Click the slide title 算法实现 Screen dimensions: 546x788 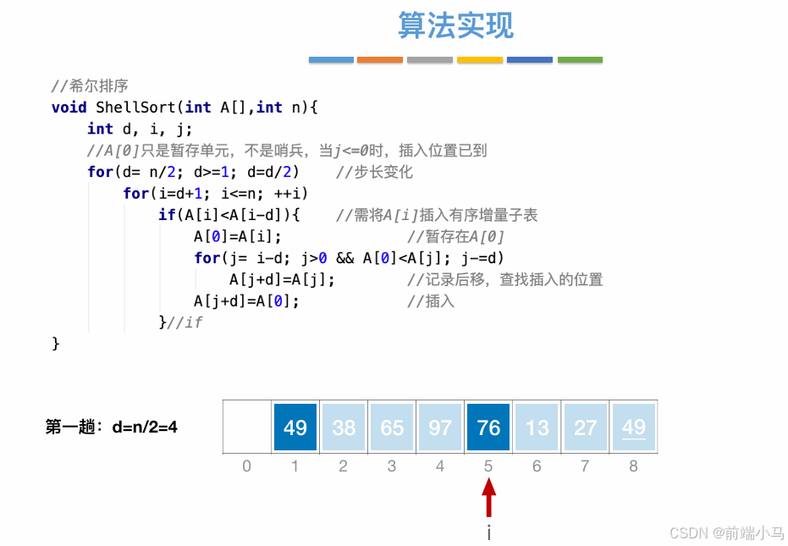pyautogui.click(x=455, y=26)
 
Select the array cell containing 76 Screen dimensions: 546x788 pyautogui.click(x=488, y=427)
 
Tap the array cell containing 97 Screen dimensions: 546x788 pyautogui.click(x=440, y=427)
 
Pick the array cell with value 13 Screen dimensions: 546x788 pyautogui.click(x=537, y=427)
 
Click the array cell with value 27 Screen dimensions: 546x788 pyautogui.click(x=585, y=427)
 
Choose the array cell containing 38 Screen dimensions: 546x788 pyautogui.click(x=344, y=427)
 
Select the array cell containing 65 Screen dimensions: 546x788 pyautogui.click(x=392, y=427)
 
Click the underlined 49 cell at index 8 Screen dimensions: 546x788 pyautogui.click(x=634, y=427)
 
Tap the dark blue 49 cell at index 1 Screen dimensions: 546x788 pyautogui.click(x=295, y=427)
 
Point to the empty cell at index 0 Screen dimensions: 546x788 pyautogui.click(x=247, y=427)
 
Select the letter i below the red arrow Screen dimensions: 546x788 pyautogui.click(x=488, y=532)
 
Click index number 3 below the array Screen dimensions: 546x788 pyautogui.click(x=392, y=466)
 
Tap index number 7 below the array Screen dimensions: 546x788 pyautogui.click(x=585, y=466)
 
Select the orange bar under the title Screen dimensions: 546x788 pyautogui.click(x=380, y=60)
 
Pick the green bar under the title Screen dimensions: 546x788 pyautogui.click(x=580, y=60)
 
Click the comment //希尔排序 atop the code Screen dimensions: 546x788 pyautogui.click(x=89, y=85)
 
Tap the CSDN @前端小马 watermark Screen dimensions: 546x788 pyautogui.click(x=726, y=532)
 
